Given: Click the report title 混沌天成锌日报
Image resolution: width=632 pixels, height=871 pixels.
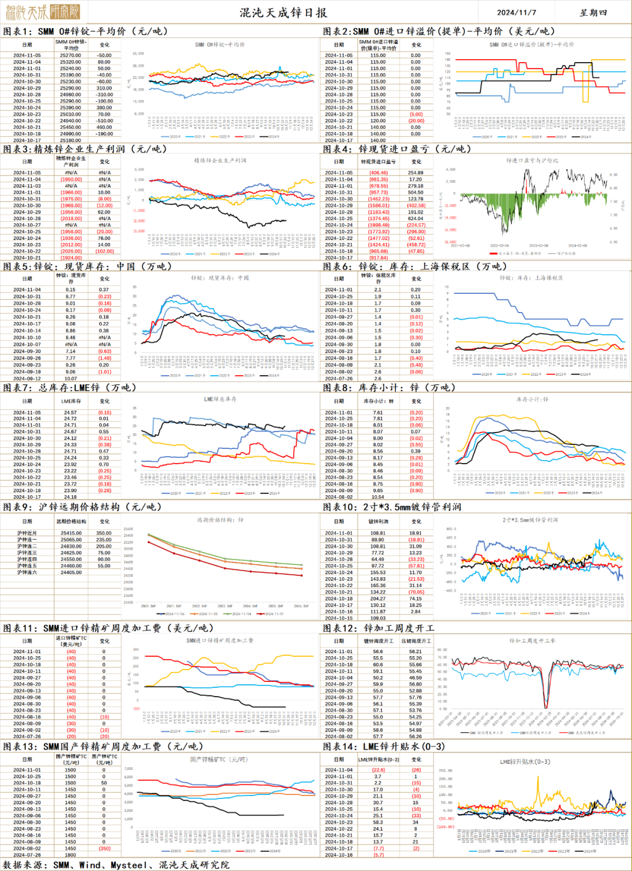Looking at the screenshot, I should (283, 12).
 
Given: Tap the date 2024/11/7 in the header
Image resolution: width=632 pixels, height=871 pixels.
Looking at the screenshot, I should (516, 12).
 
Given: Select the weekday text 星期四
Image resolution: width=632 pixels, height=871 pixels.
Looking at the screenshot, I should (593, 12).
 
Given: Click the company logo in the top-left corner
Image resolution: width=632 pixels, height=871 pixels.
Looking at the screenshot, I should (42, 12).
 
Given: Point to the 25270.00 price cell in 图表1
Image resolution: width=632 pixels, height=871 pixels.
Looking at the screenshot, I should (70, 56).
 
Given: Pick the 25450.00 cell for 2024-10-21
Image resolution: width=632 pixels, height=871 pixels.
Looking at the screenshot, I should (70, 127).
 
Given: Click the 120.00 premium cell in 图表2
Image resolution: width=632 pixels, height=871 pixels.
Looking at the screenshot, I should (378, 121).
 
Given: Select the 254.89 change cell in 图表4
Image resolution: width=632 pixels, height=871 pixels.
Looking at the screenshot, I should (415, 173).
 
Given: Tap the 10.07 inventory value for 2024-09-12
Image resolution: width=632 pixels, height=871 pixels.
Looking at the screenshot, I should (70, 379).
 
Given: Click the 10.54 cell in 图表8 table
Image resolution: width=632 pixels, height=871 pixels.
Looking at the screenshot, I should (378, 497).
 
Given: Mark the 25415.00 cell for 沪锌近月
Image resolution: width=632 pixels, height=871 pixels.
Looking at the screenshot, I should (71, 533).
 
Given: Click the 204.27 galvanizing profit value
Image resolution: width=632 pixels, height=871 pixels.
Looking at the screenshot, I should (378, 598).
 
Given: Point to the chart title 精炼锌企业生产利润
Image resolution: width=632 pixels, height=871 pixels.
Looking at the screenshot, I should (220, 160).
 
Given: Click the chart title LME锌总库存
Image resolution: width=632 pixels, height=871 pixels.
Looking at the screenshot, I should (220, 399).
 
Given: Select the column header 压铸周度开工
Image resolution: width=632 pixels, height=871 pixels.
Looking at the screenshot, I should (415, 641).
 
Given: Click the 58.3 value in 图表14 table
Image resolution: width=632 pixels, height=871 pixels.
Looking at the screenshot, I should (378, 822).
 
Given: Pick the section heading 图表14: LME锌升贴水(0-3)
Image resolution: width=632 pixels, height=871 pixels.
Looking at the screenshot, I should (384, 746).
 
